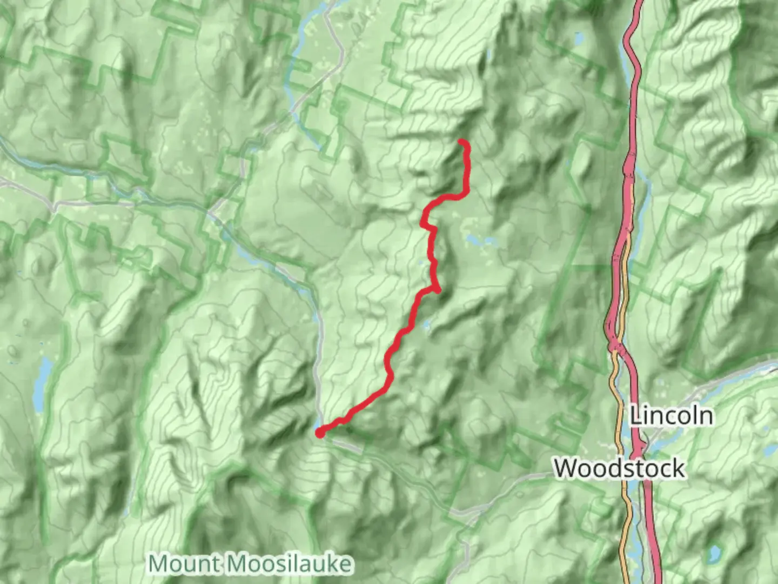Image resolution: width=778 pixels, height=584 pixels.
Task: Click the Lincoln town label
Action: pyautogui.click(x=671, y=416)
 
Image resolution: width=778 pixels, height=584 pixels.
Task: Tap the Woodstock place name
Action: pyautogui.click(x=620, y=468)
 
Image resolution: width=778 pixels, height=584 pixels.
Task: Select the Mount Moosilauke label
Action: pyautogui.click(x=251, y=564)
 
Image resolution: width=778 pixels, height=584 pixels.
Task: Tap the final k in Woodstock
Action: pyautogui.click(x=678, y=468)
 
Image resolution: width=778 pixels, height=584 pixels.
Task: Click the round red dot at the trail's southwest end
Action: pyautogui.click(x=320, y=432)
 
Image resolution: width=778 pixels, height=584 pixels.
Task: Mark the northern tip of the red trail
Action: pyautogui.click(x=461, y=142)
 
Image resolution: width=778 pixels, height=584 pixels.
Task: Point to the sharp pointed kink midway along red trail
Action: pyautogui.click(x=437, y=290)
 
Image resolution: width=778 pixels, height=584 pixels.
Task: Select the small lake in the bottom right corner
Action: pyautogui.click(x=715, y=553)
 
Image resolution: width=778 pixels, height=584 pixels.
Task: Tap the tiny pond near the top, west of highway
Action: pyautogui.click(x=579, y=39)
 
